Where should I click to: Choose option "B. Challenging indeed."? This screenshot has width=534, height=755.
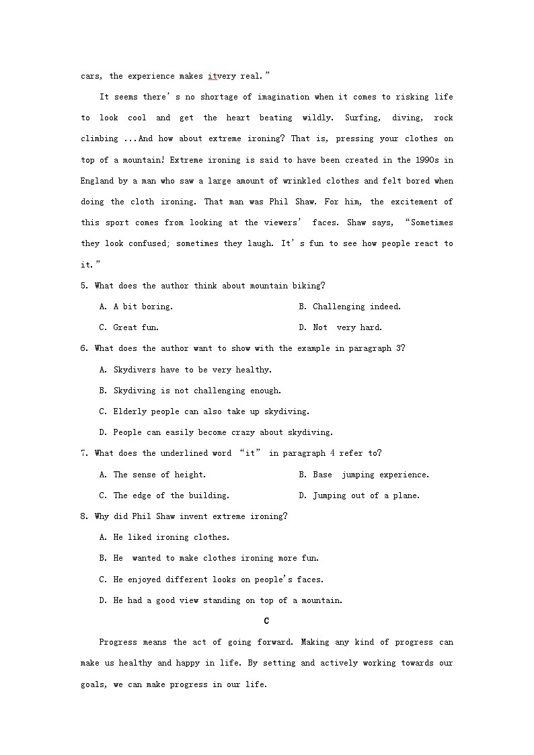coord(350,307)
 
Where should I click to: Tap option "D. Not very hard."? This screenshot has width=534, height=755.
coord(340,327)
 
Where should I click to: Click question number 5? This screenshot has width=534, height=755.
coord(84,286)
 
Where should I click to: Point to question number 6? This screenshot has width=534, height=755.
coord(84,348)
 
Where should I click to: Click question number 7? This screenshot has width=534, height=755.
coord(84,453)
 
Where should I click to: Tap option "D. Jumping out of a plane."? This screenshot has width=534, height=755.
coord(359,495)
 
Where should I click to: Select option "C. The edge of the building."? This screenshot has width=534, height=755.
coord(164,495)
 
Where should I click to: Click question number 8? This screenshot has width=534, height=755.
coord(84,516)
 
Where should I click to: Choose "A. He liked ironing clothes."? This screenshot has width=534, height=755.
coord(164,537)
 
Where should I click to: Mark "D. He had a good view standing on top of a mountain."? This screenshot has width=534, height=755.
coord(221,600)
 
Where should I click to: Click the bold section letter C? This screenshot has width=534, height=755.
coord(267,621)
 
